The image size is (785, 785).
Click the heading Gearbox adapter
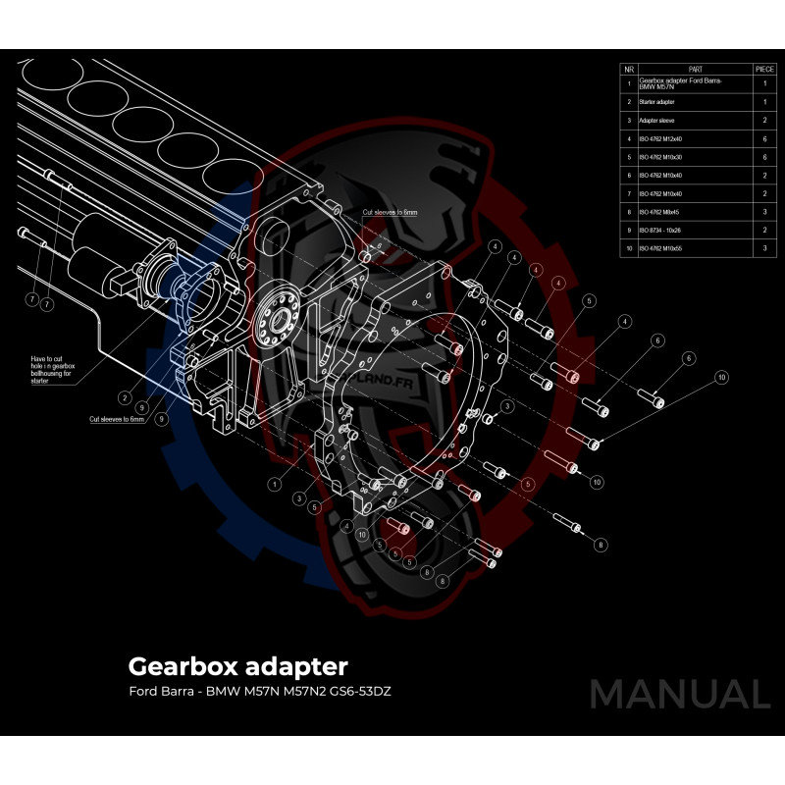[x=237, y=666]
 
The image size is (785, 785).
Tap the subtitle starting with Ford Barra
[x=266, y=692]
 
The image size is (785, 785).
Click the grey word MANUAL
[x=680, y=694]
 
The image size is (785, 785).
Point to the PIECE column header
[x=764, y=70]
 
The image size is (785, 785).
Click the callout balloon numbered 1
[x=275, y=484]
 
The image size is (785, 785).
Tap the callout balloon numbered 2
[x=126, y=397]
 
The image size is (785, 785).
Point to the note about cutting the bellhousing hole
[x=53, y=370]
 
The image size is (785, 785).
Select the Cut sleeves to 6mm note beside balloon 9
[x=117, y=419]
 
